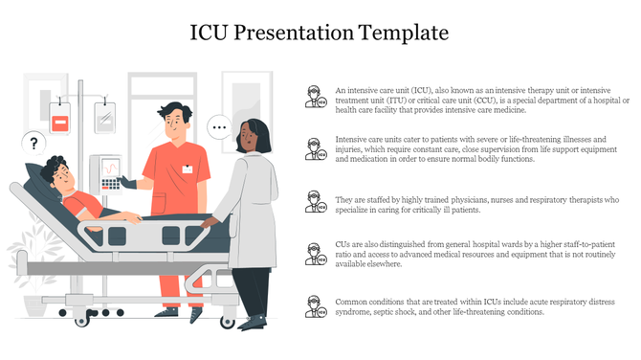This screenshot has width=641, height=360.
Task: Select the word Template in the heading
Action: pyautogui.click(x=401, y=33)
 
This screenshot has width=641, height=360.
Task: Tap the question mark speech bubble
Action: pyautogui.click(x=34, y=144)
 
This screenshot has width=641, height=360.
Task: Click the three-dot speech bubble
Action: pyautogui.click(x=219, y=126)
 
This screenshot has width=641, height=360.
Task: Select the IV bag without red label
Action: pyautogui.click(x=104, y=117)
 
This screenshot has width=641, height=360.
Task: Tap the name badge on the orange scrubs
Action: pyautogui.click(x=188, y=169)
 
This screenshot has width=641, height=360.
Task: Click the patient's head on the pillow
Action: pyautogui.click(x=58, y=175)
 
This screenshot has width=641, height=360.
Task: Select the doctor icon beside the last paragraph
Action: pyautogui.click(x=314, y=307)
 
